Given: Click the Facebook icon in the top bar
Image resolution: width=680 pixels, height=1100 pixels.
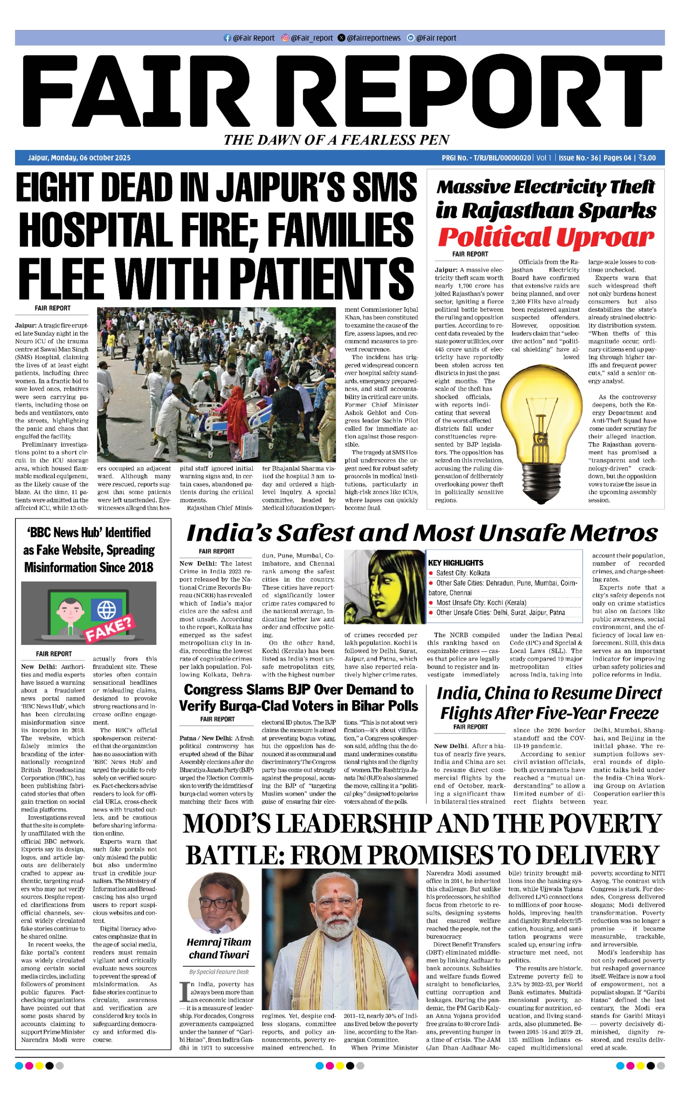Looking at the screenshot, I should pos(227,38).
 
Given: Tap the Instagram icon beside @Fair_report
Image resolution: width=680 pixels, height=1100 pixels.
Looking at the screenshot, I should pos(285,38).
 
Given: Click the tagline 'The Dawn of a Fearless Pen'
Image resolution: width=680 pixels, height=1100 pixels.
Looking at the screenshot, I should pos(337,140).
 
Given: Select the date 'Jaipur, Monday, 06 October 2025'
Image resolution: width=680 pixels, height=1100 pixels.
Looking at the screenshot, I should pos(79,158).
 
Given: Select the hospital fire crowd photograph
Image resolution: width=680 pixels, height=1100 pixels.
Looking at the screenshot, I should pos(216,384).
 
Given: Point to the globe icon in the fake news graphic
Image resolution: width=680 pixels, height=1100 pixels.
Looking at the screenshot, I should pos(107,610).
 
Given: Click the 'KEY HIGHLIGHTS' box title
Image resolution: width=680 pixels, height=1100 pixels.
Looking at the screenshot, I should pos(456,563).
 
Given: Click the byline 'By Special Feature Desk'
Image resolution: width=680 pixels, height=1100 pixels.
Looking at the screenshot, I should pos(219,972).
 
